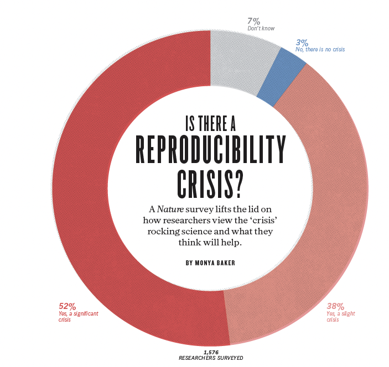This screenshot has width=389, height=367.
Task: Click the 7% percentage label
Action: tap(253, 22)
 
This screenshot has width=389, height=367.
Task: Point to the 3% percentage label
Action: tap(302, 42)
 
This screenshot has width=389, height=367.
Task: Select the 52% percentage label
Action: tap(67, 306)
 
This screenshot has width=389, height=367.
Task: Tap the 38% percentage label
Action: tap(335, 306)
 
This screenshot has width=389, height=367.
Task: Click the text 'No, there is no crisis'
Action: tap(320, 50)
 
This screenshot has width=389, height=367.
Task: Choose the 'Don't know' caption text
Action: tap(261, 29)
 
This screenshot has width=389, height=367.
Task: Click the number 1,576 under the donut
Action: tap(211, 352)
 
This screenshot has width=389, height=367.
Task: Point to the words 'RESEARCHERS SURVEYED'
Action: tap(211, 358)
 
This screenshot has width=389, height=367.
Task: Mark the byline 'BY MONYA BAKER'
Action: tap(211, 263)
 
